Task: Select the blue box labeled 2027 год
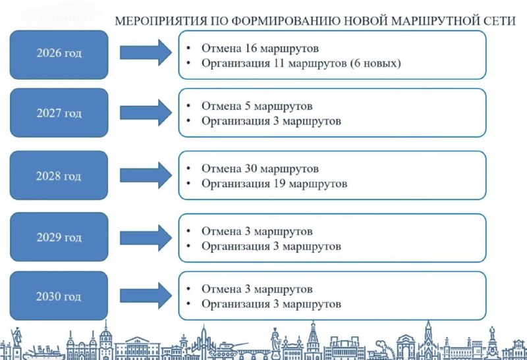[x=59, y=113]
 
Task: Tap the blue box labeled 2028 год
[x=59, y=176]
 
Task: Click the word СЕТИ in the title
[x=497, y=21]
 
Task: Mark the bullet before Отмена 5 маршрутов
[x=189, y=106]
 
